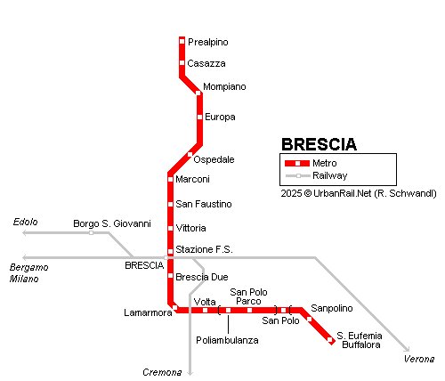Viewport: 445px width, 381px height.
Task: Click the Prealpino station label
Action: point(207,42)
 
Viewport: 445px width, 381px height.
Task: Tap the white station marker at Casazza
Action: point(182,63)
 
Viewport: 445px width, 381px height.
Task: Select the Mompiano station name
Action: point(223,86)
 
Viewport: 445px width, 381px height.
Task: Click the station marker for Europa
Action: point(199,117)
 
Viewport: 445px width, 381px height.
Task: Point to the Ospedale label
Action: point(214,159)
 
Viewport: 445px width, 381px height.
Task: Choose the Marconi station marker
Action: point(169,180)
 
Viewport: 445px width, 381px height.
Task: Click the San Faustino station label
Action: point(204,204)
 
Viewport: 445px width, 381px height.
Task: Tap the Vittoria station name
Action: point(191,229)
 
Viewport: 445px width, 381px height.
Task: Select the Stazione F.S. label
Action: point(205,250)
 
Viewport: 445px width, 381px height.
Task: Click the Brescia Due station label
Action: point(202,277)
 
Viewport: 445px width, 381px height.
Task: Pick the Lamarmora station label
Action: point(147,312)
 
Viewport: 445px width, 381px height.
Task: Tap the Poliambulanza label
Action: point(227,340)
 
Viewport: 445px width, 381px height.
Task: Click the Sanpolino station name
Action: point(332,308)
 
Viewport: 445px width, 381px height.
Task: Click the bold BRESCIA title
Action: point(319,144)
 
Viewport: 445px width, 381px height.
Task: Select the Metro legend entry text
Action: point(324,164)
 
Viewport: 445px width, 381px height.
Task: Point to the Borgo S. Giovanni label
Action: point(112,223)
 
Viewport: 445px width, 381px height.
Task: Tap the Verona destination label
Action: point(419,359)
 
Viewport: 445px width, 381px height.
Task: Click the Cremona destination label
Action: point(162,371)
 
